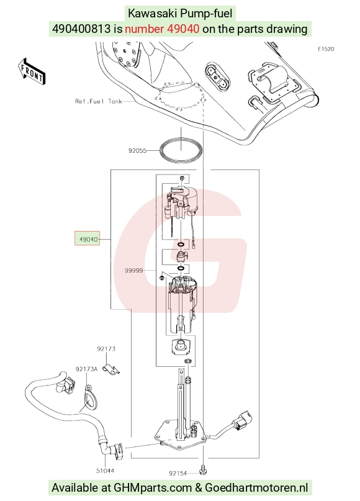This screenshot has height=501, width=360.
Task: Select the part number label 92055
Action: click(137, 150)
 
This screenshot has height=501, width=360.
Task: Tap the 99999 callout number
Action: click(134, 271)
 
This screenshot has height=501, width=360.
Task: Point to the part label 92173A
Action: click(86, 369)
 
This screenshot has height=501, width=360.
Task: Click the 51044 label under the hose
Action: click(105, 471)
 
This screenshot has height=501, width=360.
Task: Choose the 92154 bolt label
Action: click(178, 473)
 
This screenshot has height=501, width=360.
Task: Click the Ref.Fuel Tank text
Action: click(99, 101)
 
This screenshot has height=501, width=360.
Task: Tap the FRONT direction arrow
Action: click(32, 73)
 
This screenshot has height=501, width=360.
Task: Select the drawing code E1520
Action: click(326, 49)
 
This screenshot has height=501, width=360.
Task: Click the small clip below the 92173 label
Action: click(111, 369)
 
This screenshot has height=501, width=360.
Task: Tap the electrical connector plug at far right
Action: click(244, 418)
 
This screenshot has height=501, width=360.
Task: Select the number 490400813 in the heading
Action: click(81, 29)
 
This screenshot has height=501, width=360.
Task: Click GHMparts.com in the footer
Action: click(152, 488)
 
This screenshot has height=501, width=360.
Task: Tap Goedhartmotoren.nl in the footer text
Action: click(256, 488)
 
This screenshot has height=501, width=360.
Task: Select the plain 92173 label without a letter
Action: click(106, 349)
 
